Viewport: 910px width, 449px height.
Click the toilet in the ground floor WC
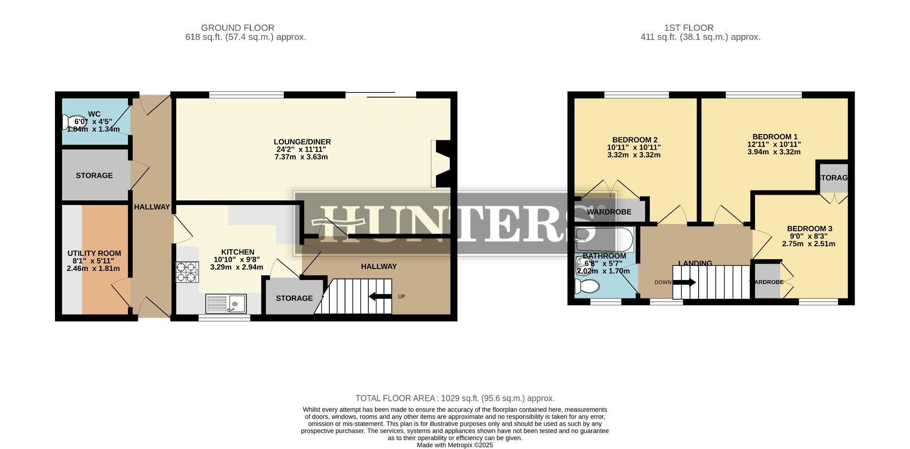tap(69, 122)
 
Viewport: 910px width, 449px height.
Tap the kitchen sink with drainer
tap(226, 303)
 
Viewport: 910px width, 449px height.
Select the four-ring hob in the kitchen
tap(186, 272)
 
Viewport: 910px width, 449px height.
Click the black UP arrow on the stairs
tap(380, 297)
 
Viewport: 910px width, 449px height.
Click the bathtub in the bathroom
tap(604, 240)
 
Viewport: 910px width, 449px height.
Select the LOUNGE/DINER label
tap(302, 142)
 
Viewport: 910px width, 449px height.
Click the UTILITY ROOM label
tap(94, 253)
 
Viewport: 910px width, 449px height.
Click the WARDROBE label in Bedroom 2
tap(609, 212)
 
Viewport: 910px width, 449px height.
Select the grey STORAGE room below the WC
tap(94, 175)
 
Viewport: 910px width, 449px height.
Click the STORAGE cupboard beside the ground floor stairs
tap(294, 298)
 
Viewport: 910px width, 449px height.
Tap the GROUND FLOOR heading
tap(237, 28)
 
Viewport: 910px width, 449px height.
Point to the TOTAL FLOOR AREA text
tap(455, 398)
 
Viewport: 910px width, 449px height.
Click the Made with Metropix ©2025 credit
tap(455, 445)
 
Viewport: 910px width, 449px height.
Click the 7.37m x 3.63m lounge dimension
tap(301, 157)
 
